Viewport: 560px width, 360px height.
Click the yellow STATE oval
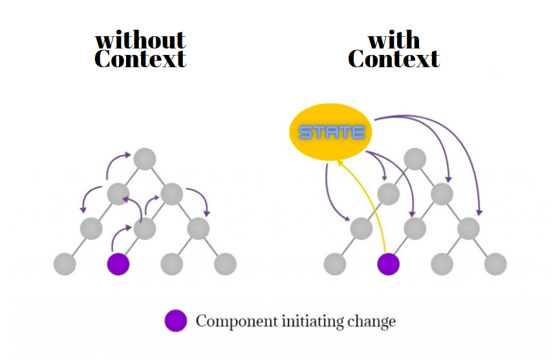pyautogui.click(x=332, y=132)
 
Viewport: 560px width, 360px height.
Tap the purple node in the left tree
pyautogui.click(x=118, y=264)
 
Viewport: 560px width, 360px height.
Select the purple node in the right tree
pyautogui.click(x=388, y=264)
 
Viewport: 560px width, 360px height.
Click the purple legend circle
pyautogui.click(x=175, y=321)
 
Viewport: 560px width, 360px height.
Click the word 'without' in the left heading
pyautogui.click(x=140, y=40)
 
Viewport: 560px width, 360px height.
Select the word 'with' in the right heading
pyautogui.click(x=394, y=40)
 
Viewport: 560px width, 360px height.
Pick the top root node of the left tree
pyautogui.click(x=145, y=158)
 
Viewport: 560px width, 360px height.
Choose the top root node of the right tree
pyautogui.click(x=415, y=158)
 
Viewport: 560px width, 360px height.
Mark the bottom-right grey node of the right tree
pyautogui.click(x=495, y=264)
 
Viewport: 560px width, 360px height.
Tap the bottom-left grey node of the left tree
pyautogui.click(x=65, y=264)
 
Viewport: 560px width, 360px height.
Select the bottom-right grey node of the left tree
pyautogui.click(x=225, y=264)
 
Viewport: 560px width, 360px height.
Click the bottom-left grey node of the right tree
pyautogui.click(x=334, y=264)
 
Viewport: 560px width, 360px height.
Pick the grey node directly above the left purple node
pyautogui.click(x=145, y=228)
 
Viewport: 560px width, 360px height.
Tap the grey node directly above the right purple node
pyautogui.click(x=415, y=228)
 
